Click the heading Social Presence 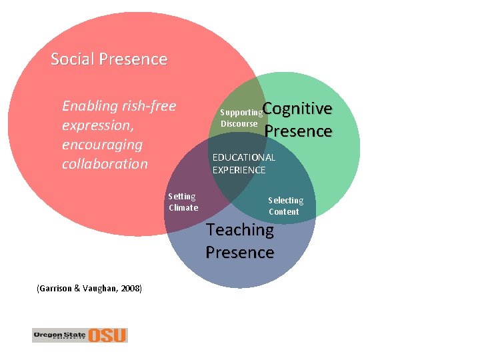coord(109,59)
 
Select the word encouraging coord(102,145)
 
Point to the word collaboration coord(105,164)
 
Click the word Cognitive coord(297,109)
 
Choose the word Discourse coord(239,124)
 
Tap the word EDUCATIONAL coord(243,157)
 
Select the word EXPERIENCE coord(239,170)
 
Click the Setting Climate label coord(183,202)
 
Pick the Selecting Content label coord(285,206)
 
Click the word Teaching coord(239,230)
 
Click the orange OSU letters coord(108,335)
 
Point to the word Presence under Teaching coord(239,253)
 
